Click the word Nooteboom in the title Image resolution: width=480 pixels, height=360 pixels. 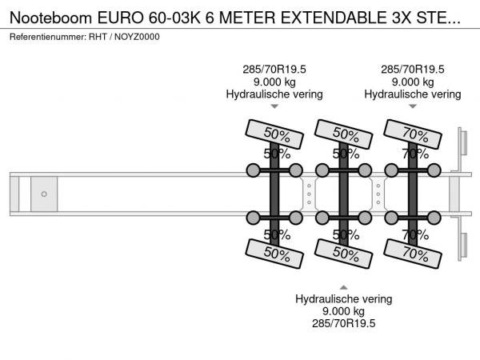(x=51, y=18)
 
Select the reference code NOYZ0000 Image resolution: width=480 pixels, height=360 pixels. (x=137, y=37)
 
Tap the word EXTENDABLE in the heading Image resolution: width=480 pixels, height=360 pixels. (x=334, y=18)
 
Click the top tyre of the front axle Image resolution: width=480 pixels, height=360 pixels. (x=274, y=134)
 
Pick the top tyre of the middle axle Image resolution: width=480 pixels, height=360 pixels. (x=343, y=134)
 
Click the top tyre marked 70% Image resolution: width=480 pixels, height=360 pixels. (x=413, y=134)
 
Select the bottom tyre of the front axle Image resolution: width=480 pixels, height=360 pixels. (x=274, y=254)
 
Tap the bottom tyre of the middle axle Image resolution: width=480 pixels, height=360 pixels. (x=343, y=254)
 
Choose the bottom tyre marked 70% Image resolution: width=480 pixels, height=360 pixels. (x=413, y=254)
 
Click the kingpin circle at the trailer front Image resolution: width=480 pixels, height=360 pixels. (x=44, y=194)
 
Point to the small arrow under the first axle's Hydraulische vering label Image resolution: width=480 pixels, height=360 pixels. (x=274, y=106)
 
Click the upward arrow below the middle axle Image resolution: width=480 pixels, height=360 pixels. (x=343, y=287)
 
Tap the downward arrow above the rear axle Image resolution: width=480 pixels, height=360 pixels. (x=413, y=106)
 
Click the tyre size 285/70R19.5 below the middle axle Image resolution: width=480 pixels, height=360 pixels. (x=343, y=323)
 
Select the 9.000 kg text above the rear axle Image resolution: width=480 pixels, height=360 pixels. (x=413, y=82)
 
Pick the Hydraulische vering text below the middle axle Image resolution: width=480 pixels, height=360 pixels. (x=343, y=299)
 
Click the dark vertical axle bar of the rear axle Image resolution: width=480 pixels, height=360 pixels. (x=413, y=194)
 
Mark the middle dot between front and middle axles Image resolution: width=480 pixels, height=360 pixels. (x=309, y=194)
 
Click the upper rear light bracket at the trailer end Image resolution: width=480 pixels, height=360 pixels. (x=462, y=143)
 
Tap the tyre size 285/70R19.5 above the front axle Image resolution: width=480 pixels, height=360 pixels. (x=274, y=70)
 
